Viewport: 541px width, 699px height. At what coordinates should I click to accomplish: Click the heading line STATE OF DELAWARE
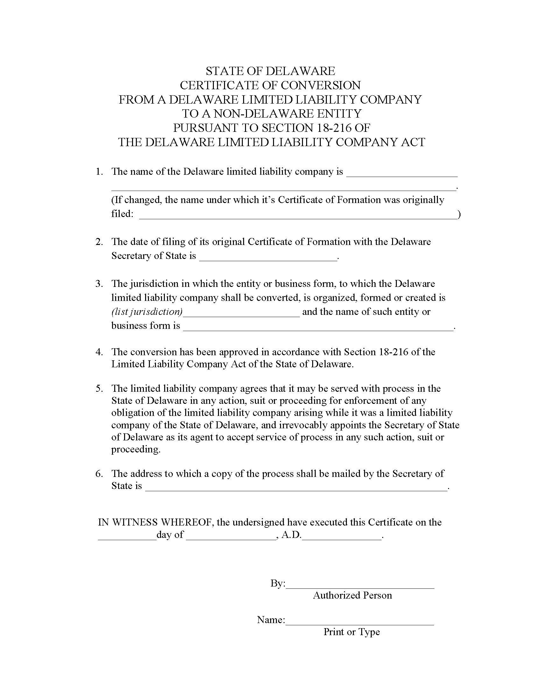pyautogui.click(x=270, y=71)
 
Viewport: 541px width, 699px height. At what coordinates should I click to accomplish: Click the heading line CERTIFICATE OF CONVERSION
pyautogui.click(x=270, y=85)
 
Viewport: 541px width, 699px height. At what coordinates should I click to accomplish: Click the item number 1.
pyautogui.click(x=99, y=172)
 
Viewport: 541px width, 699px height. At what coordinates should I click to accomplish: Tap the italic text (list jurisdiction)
pyautogui.click(x=147, y=311)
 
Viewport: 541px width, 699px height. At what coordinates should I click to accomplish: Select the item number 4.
pyautogui.click(x=99, y=352)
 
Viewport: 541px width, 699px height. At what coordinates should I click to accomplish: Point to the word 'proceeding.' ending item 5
pyautogui.click(x=136, y=449)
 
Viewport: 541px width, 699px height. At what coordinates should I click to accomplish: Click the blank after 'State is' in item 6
pyautogui.click(x=296, y=487)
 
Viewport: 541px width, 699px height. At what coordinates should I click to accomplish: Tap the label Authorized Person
pyautogui.click(x=352, y=595)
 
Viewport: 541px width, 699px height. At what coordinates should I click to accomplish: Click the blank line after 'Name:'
pyautogui.click(x=359, y=621)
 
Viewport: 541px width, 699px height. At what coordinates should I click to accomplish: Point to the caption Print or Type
pyautogui.click(x=352, y=632)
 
